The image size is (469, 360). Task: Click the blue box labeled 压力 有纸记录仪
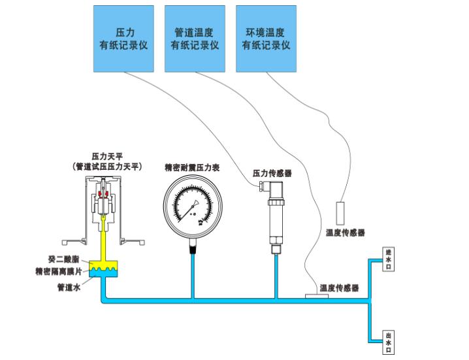(123, 39)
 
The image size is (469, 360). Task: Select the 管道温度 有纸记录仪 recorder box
(195, 39)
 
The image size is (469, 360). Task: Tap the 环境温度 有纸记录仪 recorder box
(266, 39)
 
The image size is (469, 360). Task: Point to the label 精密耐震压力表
(192, 168)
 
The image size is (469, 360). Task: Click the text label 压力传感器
(272, 173)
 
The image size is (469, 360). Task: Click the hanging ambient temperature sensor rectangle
(341, 214)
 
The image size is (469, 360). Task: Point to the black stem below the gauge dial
(193, 246)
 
